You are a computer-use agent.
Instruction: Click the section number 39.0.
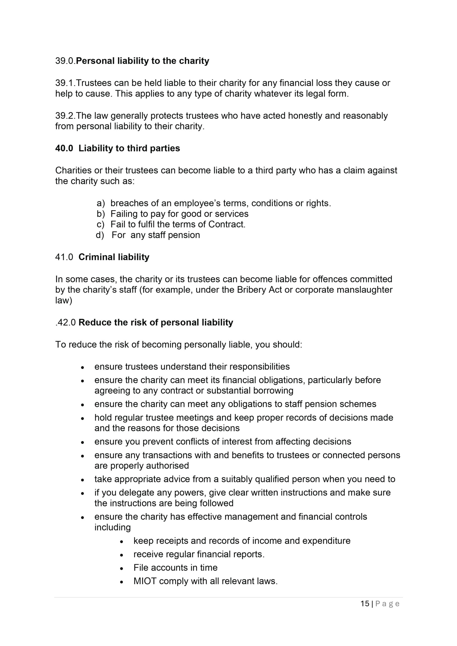65,61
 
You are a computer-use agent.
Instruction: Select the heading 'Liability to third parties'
129,148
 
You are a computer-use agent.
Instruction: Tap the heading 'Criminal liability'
114,257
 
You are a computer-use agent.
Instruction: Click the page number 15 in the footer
365,604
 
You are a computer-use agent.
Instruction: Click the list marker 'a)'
100,203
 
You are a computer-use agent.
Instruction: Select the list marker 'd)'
100,235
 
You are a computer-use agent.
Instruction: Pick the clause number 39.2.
65,116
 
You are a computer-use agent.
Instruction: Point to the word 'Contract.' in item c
227,225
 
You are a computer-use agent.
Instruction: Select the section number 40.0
64,148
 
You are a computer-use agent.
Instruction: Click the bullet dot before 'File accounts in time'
122,568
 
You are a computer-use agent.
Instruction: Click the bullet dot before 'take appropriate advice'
83,480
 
